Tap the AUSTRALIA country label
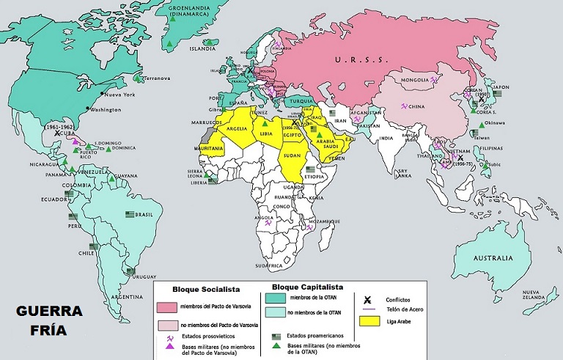[x=492, y=258]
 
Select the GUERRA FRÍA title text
[x=49, y=320]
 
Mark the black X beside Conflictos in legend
[x=367, y=298]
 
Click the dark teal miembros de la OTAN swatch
[x=276, y=298]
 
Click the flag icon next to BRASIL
[x=131, y=215]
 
